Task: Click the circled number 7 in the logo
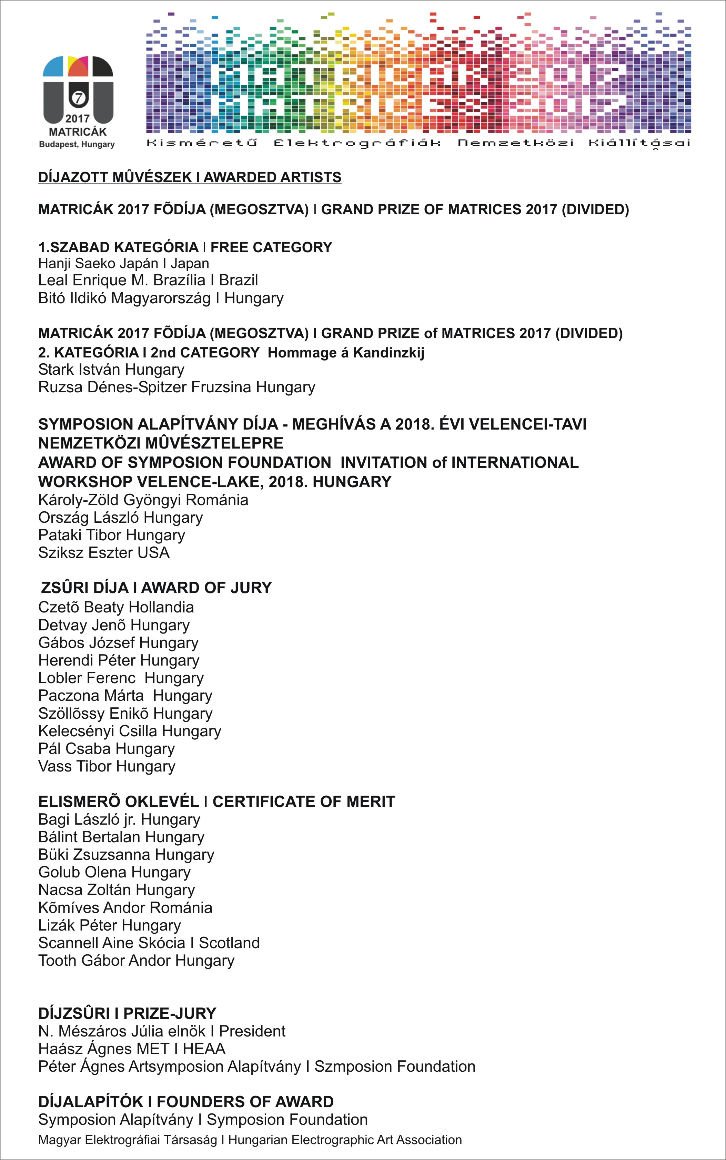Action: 78,98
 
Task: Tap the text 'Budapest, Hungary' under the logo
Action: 77,144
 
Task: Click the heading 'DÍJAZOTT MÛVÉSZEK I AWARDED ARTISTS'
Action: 190,177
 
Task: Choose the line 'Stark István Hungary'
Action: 111,370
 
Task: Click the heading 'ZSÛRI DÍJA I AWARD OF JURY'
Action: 156,588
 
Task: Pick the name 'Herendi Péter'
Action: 87,660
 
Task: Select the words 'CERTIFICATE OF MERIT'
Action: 303,802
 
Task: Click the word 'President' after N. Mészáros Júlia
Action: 252,1031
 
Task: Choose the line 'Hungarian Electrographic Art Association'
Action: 345,1140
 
